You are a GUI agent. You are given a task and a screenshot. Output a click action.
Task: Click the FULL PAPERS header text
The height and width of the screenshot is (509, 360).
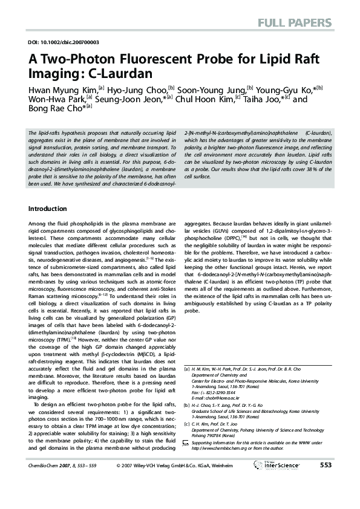(x=296, y=24)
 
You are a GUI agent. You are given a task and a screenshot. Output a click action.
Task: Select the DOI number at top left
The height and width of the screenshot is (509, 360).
(x=64, y=42)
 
